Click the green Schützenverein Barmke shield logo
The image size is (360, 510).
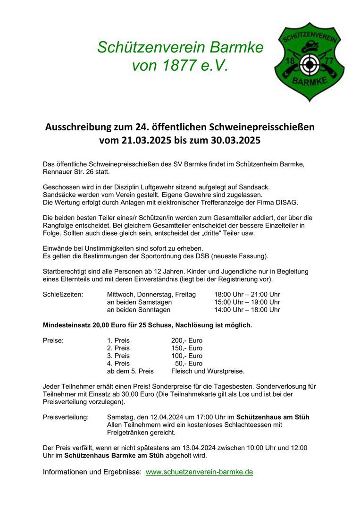(309, 61)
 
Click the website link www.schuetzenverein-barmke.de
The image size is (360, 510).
(199, 472)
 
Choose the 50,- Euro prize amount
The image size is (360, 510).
(189, 364)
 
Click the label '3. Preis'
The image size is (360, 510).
(118, 356)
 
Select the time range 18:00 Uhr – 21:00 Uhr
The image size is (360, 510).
(247, 294)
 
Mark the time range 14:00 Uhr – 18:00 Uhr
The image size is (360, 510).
(247, 310)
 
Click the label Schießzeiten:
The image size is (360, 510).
(63, 294)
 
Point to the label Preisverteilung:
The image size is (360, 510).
(66, 417)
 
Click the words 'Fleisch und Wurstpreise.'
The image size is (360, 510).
(208, 371)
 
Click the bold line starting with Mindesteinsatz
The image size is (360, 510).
(147, 325)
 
